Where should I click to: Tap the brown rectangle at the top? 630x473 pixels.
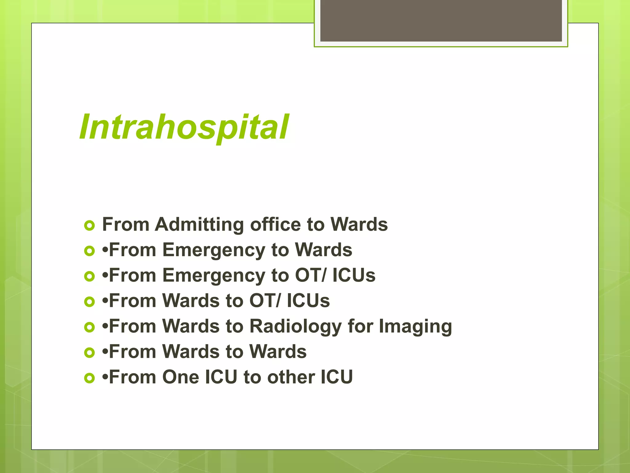tap(441, 20)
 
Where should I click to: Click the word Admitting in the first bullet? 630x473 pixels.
tap(199, 224)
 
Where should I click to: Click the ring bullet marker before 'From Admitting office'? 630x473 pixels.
tap(89, 226)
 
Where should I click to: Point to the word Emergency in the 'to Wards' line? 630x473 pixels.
tap(213, 250)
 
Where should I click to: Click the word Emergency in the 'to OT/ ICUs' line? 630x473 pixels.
tap(213, 276)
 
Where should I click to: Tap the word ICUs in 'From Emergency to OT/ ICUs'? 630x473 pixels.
tap(354, 275)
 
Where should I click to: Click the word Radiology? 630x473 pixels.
tap(295, 326)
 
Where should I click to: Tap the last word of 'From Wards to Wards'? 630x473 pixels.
tap(278, 352)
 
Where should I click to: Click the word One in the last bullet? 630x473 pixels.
tap(181, 377)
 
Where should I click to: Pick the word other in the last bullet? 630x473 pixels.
tap(291, 377)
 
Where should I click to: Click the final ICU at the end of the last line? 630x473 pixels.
tap(337, 377)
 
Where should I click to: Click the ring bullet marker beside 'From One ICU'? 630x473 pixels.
tap(89, 378)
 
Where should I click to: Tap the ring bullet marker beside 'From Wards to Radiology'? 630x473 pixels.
tap(89, 327)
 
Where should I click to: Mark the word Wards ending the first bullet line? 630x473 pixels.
tap(359, 224)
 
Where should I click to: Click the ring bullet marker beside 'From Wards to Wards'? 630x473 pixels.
tap(89, 353)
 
